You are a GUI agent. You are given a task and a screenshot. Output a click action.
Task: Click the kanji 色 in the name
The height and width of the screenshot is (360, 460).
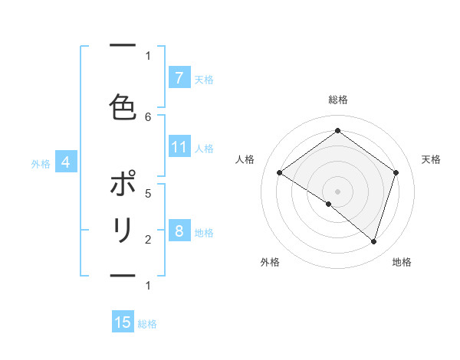(x=123, y=106)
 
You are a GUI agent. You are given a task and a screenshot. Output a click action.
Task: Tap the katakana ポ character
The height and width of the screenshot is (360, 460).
(x=123, y=185)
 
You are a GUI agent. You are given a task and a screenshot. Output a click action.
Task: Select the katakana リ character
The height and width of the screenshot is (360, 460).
(x=123, y=231)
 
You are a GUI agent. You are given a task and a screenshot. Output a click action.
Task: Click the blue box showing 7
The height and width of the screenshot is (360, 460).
(x=178, y=77)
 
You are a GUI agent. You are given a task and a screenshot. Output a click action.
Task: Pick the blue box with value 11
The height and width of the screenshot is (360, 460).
(x=179, y=147)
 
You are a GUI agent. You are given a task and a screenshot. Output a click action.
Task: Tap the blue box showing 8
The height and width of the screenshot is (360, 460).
(x=178, y=231)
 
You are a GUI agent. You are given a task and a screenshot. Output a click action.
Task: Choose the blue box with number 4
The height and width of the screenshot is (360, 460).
(x=65, y=162)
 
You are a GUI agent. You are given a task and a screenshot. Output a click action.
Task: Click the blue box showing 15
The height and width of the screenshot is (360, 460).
(x=123, y=322)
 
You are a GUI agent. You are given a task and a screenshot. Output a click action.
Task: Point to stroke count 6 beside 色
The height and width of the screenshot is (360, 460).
(x=148, y=116)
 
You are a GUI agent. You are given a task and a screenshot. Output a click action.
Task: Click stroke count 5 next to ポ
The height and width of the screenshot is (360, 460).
(x=148, y=193)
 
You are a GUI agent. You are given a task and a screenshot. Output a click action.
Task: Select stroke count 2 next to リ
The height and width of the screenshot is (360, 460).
(x=148, y=239)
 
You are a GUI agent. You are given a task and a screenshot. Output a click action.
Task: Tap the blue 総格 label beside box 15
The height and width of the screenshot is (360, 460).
(x=147, y=324)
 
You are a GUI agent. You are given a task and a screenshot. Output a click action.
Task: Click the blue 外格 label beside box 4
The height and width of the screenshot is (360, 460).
(x=40, y=163)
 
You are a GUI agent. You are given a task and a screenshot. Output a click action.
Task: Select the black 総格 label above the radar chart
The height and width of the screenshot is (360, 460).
(x=337, y=100)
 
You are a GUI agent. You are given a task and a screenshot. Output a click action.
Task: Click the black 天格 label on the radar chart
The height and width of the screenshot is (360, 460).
(x=431, y=159)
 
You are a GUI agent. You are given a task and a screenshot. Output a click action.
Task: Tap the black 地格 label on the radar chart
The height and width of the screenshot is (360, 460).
(x=402, y=262)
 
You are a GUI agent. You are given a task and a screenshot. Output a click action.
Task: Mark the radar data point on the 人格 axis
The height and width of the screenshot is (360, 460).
(x=280, y=173)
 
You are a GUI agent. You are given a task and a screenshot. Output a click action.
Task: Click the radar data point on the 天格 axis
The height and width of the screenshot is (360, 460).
(x=396, y=172)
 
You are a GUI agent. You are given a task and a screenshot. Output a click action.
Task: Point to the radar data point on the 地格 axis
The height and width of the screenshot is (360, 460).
(x=373, y=242)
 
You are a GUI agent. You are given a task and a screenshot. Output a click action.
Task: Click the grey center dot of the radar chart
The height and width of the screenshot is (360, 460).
(x=337, y=191)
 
